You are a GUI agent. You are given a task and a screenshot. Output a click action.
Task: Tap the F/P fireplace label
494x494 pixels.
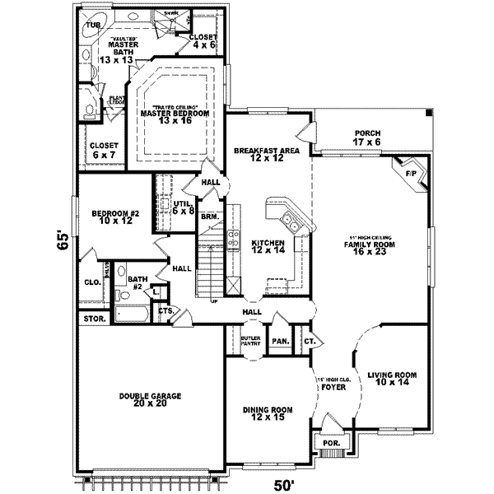pos(409,174)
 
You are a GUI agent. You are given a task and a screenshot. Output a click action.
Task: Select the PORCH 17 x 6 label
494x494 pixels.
pos(366,137)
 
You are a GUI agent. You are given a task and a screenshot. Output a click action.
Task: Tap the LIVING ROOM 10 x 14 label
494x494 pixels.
pos(392,378)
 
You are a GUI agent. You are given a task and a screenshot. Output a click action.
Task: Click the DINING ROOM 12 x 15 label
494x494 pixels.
pos(267,413)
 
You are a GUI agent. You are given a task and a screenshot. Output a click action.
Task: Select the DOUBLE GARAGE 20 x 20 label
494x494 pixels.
pos(150,401)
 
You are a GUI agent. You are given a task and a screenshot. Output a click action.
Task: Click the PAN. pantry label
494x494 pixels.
pos(280,340)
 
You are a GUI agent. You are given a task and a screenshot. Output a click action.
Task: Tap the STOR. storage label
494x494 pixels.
pos(91,318)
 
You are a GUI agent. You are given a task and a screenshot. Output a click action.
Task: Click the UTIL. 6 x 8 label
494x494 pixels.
pos(182,207)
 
